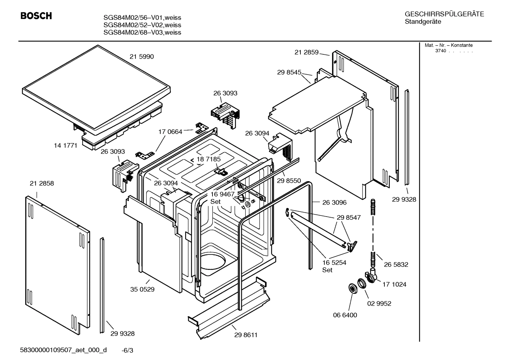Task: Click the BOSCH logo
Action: (x=36, y=16)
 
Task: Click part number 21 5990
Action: (x=142, y=57)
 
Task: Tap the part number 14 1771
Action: (x=65, y=145)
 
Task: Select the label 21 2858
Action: (x=42, y=183)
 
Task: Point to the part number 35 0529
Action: (x=142, y=289)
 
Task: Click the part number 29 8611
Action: (x=246, y=335)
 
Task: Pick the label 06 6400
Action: (x=345, y=315)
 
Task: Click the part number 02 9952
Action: (x=379, y=303)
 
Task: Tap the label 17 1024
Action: (x=394, y=284)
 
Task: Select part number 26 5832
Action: (x=396, y=264)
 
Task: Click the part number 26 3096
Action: (x=334, y=202)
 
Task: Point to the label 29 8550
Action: (x=289, y=181)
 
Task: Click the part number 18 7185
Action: (x=208, y=159)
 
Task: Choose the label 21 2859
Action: (x=306, y=52)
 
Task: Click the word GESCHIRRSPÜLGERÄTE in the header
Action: (x=444, y=14)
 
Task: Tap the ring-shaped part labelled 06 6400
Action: (x=352, y=288)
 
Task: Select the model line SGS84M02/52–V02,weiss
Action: (x=142, y=25)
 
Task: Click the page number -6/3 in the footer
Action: (x=127, y=350)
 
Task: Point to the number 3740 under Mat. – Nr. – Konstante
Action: (x=440, y=51)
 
